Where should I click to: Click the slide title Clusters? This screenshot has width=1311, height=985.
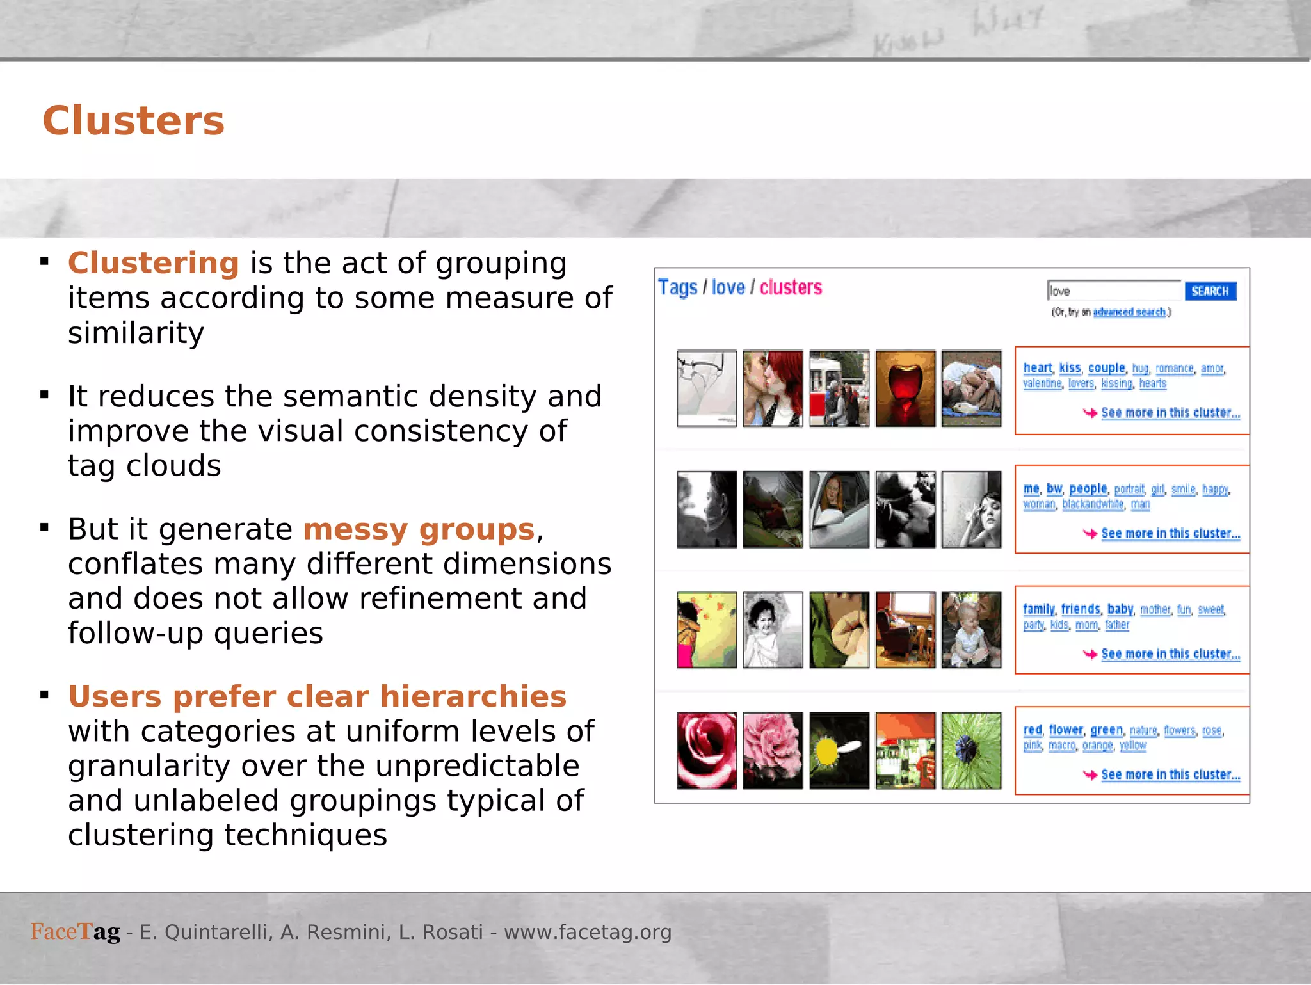133,121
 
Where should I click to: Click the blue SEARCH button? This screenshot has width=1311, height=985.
1210,291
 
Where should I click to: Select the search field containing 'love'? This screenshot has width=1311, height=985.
1114,291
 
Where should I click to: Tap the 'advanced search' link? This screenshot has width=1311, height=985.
1129,312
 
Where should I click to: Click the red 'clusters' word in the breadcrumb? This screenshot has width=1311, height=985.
791,288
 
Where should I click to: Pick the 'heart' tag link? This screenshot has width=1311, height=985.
1037,368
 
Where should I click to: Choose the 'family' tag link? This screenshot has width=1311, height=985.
1038,609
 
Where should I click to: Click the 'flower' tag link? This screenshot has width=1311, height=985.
1066,730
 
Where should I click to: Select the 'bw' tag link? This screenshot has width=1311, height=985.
1054,489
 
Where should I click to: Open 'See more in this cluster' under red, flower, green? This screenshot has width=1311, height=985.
1170,775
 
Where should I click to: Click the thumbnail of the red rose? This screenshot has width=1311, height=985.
707,751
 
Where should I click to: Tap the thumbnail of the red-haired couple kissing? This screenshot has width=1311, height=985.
773,388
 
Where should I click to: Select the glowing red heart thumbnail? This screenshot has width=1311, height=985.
905,388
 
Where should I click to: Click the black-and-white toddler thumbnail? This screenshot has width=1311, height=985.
773,630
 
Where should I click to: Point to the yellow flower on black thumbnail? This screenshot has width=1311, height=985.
839,751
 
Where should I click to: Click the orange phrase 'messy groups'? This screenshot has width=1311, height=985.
419,529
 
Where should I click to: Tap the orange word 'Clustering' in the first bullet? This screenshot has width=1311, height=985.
154,263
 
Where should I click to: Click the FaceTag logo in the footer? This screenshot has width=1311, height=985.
76,932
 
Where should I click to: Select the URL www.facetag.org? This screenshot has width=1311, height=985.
588,933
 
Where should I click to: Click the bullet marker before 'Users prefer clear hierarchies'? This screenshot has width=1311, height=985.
44,695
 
